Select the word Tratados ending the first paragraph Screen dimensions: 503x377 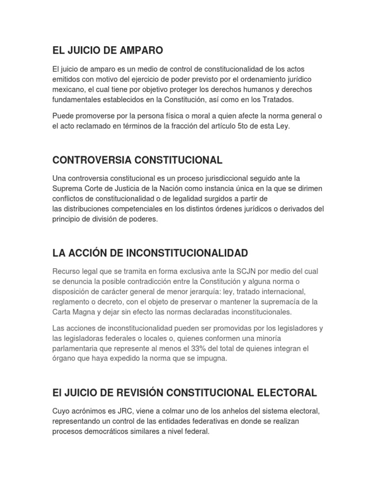click(x=293, y=99)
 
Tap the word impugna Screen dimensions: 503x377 click(x=215, y=359)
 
